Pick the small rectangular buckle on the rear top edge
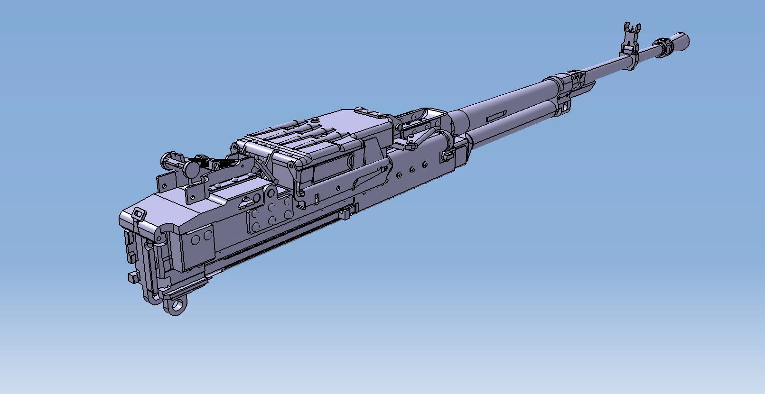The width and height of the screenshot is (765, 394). click(139, 213)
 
